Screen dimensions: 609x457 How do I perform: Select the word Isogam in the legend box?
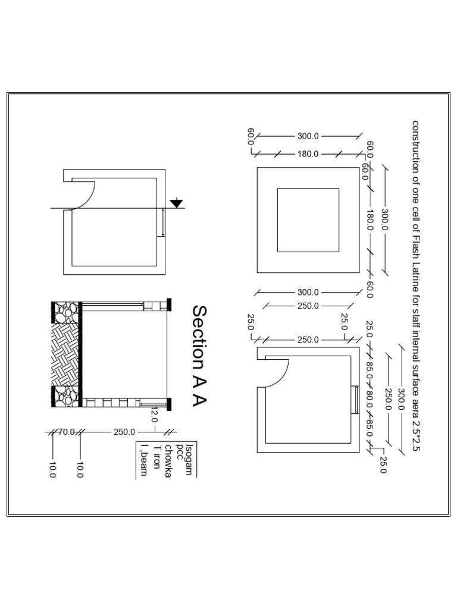coord(189,459)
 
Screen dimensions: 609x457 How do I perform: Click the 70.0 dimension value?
coord(66,432)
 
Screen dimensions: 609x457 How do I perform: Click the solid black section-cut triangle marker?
coord(176,203)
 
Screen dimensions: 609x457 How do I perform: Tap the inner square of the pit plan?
coord(308,220)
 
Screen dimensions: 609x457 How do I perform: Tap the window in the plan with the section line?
coord(162,222)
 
